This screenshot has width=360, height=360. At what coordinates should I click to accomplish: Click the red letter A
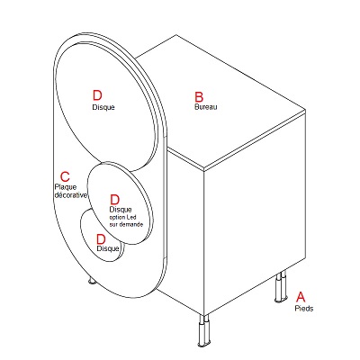tap(301, 296)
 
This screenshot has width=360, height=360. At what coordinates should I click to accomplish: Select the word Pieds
tap(304, 309)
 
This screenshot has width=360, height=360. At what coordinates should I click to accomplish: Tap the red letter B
tap(199, 97)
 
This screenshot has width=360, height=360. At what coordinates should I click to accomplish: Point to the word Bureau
tap(206, 106)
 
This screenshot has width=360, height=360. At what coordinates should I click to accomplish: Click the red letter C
tap(65, 176)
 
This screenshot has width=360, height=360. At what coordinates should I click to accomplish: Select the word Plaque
tap(66, 187)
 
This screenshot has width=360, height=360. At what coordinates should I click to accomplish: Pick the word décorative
tap(70, 195)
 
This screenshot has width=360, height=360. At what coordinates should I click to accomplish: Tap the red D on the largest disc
tap(97, 95)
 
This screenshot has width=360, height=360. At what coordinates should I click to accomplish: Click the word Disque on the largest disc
tap(103, 107)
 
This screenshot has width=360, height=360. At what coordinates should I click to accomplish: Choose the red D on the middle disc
tap(115, 200)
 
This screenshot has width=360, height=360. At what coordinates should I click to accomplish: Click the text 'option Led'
tap(122, 217)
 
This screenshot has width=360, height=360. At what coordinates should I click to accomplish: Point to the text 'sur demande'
tap(126, 224)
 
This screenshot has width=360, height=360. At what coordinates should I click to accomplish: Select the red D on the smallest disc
tap(101, 239)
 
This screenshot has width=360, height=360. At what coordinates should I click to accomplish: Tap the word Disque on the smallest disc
tap(108, 248)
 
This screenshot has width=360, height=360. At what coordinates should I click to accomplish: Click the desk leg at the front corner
tap(203, 330)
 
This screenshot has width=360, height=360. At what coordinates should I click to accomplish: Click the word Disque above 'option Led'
tap(121, 210)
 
